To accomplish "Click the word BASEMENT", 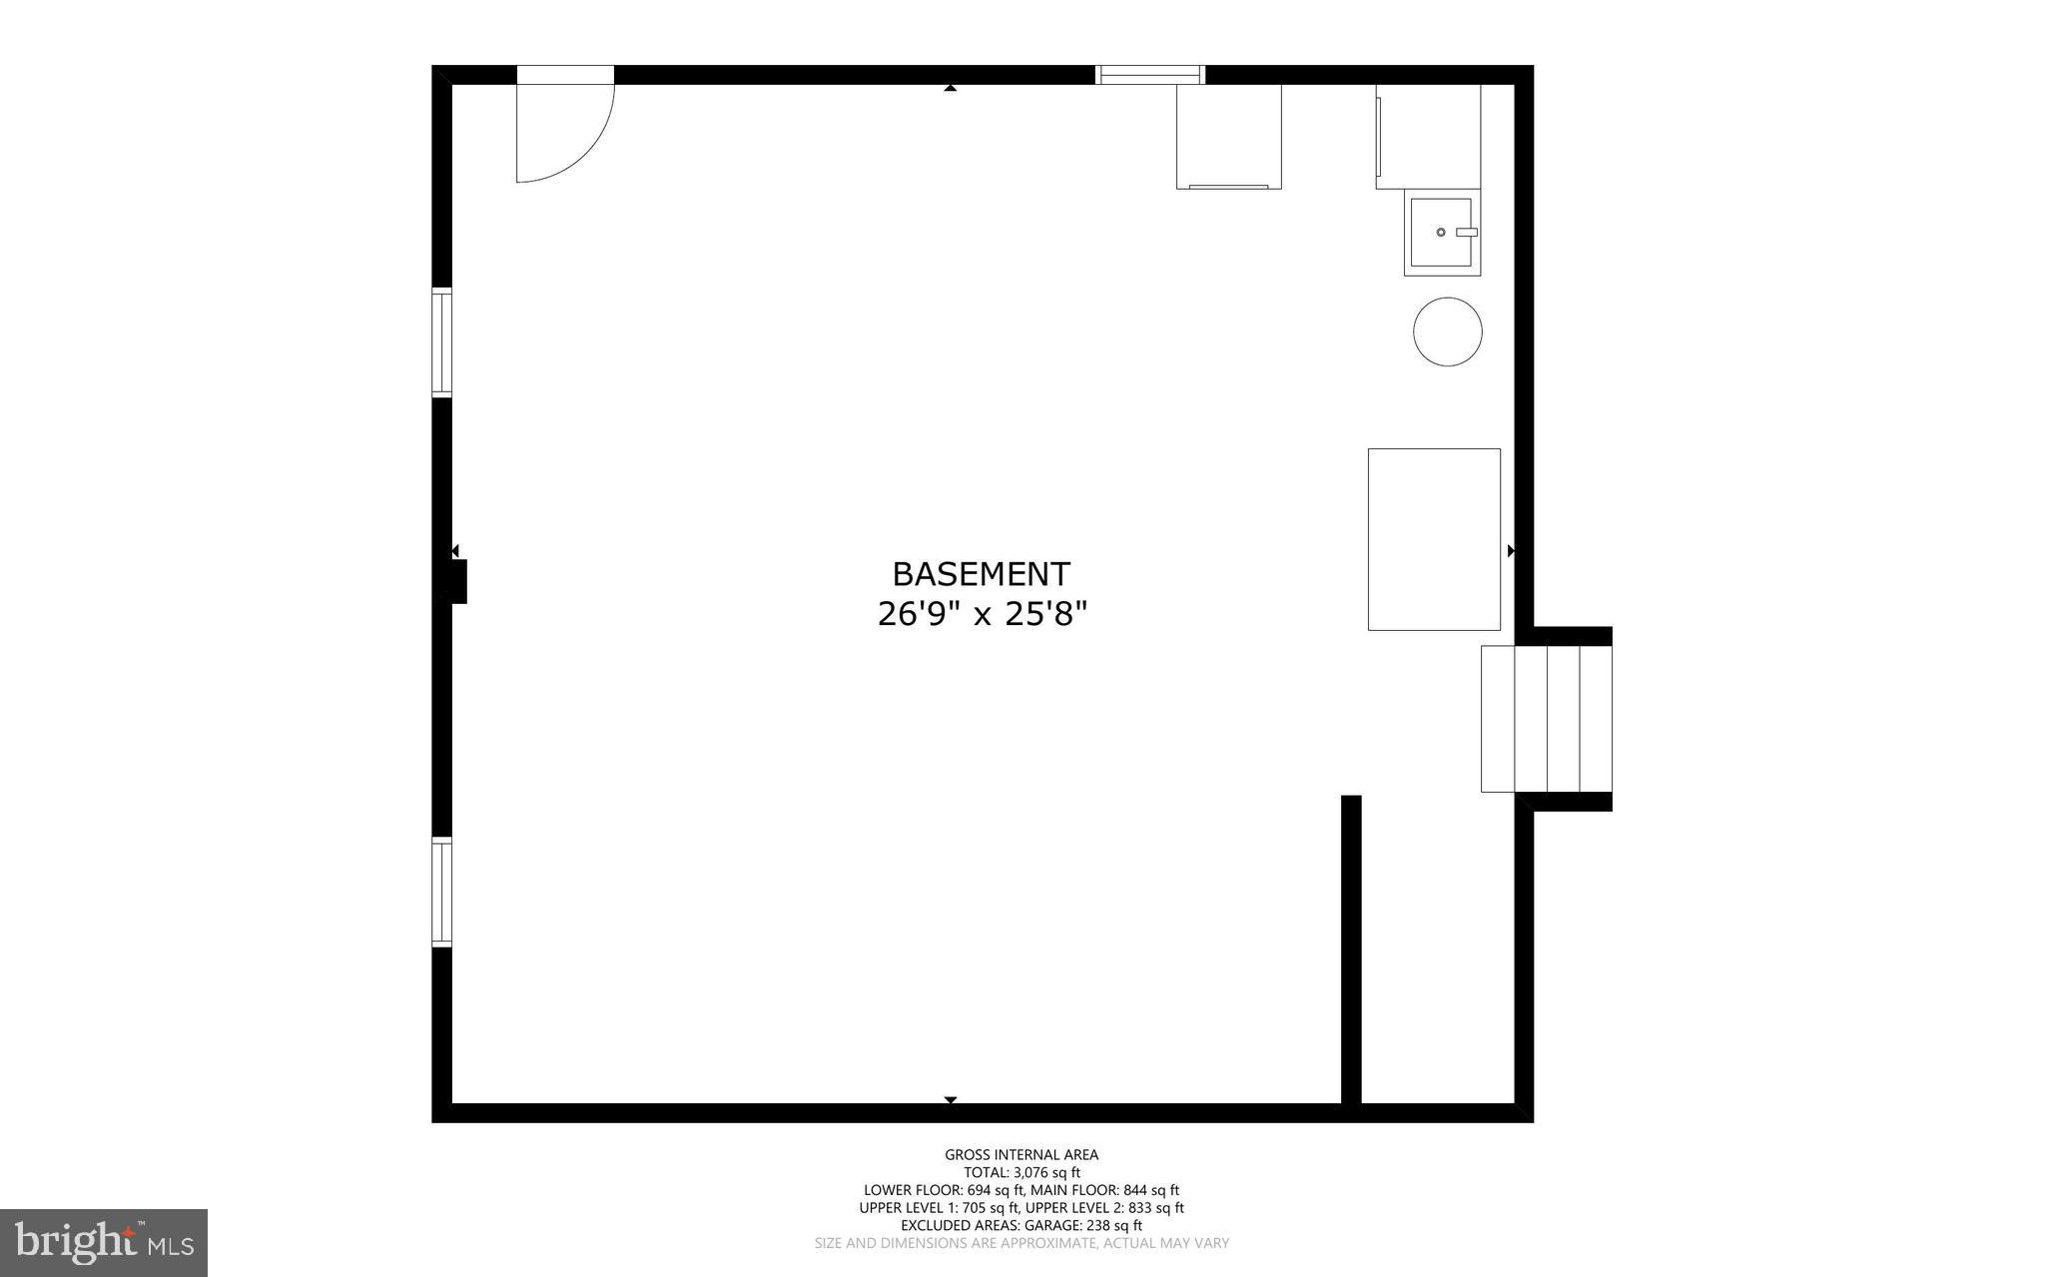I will (981, 574).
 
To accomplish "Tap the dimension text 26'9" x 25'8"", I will (981, 614).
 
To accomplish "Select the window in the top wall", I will (1149, 74).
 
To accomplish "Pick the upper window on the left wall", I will (441, 342).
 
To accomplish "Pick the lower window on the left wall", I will (441, 892).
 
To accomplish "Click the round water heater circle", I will (1447, 331).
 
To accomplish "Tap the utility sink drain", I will (1441, 232).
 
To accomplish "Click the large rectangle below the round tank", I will (1433, 539).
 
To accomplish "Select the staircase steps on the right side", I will (1546, 719).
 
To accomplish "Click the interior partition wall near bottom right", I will (1350, 949).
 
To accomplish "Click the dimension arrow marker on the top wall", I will (951, 89).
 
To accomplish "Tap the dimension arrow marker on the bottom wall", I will (951, 1099).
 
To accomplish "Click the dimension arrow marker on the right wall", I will (1511, 550).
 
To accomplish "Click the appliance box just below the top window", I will (1228, 137).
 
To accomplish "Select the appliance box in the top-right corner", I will (1428, 137).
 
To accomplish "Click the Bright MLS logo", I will (104, 1242).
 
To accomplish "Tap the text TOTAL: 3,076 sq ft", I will (1022, 1172).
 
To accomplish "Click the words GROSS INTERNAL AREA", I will (1022, 1154).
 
